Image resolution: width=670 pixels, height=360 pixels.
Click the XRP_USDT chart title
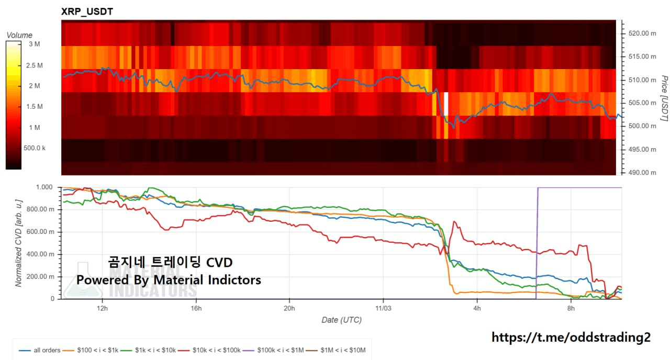[87, 10]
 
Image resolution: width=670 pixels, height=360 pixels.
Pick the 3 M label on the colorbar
[34, 44]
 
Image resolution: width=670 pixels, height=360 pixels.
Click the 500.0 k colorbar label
[35, 148]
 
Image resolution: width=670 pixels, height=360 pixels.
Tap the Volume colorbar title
[19, 35]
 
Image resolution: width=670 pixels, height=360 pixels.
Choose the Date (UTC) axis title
[341, 320]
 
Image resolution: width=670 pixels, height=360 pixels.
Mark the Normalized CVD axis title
[19, 243]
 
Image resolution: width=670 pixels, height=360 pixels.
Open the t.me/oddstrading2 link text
[571, 337]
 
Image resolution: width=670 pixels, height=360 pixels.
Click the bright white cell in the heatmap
[446, 104]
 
